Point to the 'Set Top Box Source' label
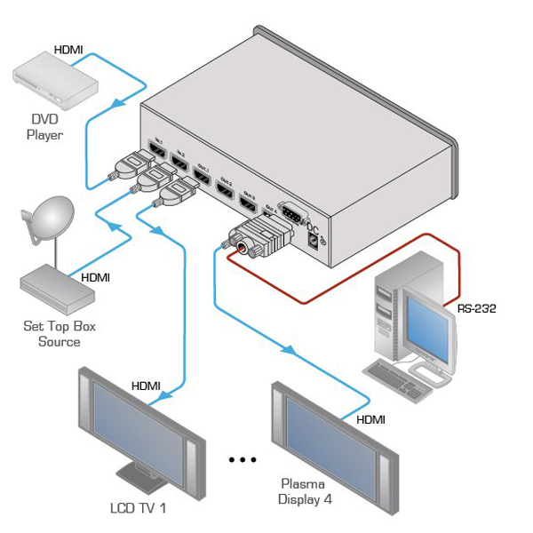click(60, 333)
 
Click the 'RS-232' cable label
click(476, 309)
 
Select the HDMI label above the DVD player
click(69, 51)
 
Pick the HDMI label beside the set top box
click(96, 277)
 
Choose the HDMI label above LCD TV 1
click(147, 386)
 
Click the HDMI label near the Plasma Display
click(371, 418)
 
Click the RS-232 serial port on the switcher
click(287, 212)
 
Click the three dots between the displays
click(242, 459)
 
